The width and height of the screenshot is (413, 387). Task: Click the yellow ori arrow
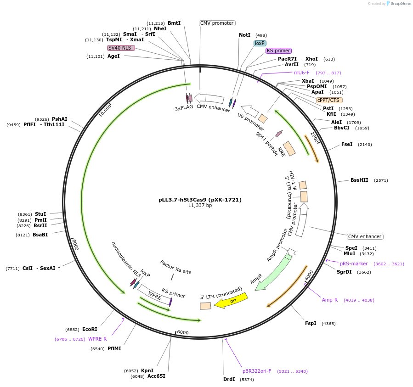(231, 301)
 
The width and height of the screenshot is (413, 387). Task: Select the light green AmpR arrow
(274, 273)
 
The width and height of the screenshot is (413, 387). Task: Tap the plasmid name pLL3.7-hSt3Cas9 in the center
(200, 200)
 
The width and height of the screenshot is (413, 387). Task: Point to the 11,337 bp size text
(200, 206)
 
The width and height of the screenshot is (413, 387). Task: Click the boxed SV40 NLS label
(121, 48)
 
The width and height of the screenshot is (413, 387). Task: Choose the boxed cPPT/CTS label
(329, 100)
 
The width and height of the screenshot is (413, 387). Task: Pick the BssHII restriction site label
(359, 180)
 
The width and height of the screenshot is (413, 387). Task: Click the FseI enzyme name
(347, 144)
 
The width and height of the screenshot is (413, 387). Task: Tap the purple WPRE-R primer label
(97, 339)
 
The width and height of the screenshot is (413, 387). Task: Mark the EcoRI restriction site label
(90, 329)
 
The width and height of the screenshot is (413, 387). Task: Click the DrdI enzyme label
(229, 379)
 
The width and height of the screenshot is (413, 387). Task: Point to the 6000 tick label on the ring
(183, 332)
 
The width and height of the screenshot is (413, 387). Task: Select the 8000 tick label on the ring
(75, 245)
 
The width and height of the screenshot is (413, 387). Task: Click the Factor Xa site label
(175, 267)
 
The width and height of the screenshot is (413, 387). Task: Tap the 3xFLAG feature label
(184, 109)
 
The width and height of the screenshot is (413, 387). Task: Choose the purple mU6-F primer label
(302, 73)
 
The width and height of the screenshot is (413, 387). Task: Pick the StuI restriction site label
(40, 214)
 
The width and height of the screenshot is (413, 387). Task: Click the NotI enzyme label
(244, 35)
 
